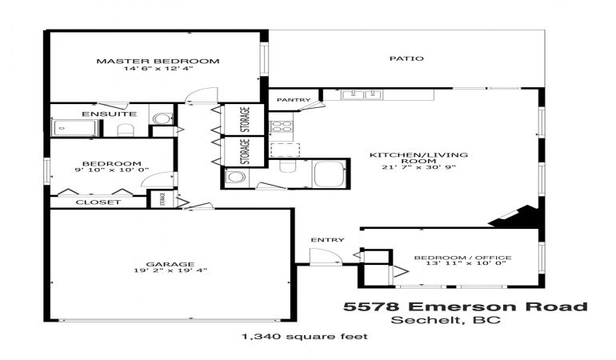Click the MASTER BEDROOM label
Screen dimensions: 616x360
point(158,61)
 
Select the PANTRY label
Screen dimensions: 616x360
point(294,100)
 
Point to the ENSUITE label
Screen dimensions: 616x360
point(110,114)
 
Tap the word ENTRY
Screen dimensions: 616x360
point(328,240)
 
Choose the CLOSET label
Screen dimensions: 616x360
point(98,202)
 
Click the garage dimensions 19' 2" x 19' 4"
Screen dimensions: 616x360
point(170,270)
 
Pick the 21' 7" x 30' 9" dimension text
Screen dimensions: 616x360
point(418,167)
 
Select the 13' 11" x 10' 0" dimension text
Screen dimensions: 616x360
point(466,263)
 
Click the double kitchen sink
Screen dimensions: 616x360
point(362,94)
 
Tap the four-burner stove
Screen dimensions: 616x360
point(282,126)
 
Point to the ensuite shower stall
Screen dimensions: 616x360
point(74,128)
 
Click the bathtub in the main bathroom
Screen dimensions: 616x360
point(330,174)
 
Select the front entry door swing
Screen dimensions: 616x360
point(326,257)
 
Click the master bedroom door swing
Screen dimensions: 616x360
point(201,95)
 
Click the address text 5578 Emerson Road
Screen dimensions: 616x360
point(466,306)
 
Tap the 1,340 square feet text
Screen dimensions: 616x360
point(305,337)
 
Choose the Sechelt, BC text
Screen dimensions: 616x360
point(446,320)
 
